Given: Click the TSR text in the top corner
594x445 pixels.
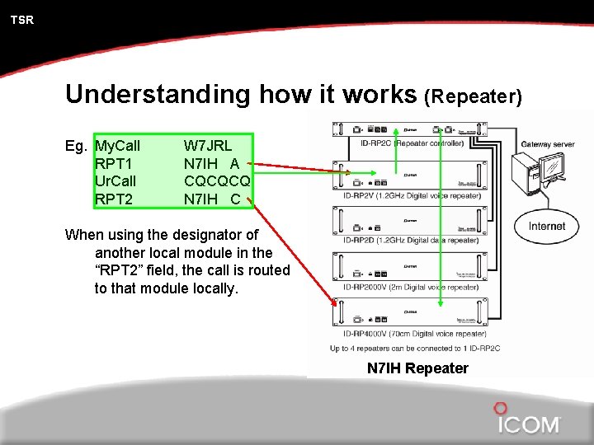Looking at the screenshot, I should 22,20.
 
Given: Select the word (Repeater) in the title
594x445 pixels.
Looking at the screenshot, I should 473,97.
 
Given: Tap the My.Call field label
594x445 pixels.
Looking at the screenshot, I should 118,146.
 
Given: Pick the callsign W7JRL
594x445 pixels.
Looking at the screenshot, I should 208,146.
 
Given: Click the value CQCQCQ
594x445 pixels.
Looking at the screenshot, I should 217,180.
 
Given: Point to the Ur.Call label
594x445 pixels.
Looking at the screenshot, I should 116,180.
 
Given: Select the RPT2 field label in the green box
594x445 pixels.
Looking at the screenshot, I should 114,199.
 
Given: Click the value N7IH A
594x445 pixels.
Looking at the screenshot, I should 211,163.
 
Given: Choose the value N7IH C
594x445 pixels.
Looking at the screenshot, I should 212,199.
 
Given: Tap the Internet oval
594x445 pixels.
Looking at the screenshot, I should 547,226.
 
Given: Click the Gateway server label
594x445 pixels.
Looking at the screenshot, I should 547,145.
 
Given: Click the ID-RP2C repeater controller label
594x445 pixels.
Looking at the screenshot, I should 412,143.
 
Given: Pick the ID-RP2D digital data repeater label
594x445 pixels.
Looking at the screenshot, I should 419,241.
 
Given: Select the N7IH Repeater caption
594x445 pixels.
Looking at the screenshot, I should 417,368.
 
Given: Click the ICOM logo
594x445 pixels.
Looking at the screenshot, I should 528,423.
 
